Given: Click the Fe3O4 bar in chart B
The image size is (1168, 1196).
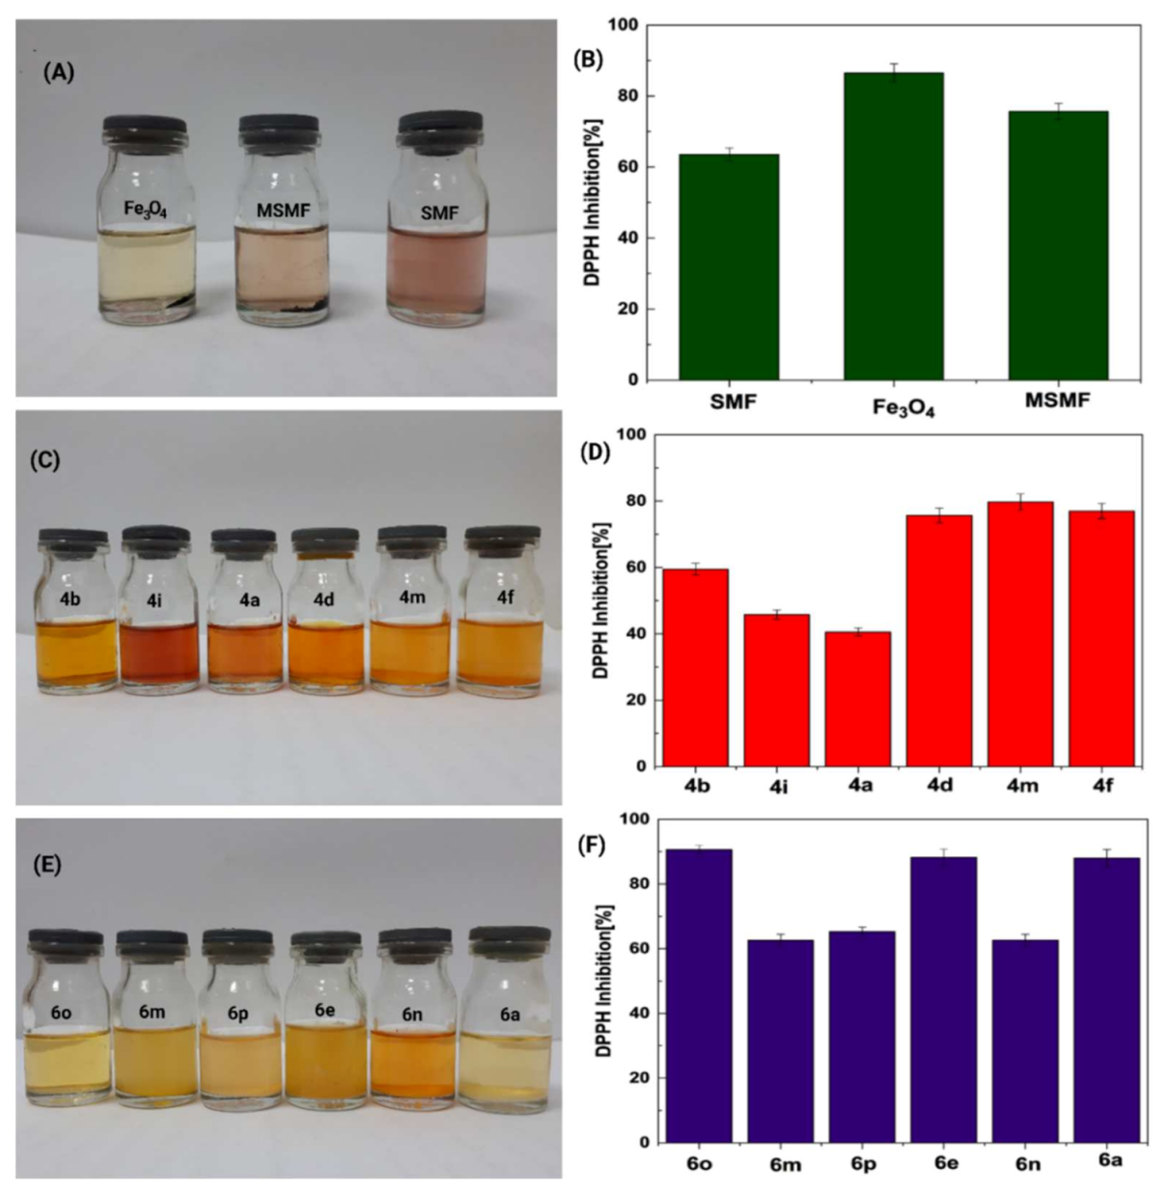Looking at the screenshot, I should tap(893, 226).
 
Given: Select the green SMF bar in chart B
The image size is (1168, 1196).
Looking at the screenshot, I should tap(729, 267).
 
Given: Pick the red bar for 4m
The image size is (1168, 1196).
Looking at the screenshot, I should tap(1020, 633).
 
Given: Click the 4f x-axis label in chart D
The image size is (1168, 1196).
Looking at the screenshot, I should tap(1102, 786).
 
